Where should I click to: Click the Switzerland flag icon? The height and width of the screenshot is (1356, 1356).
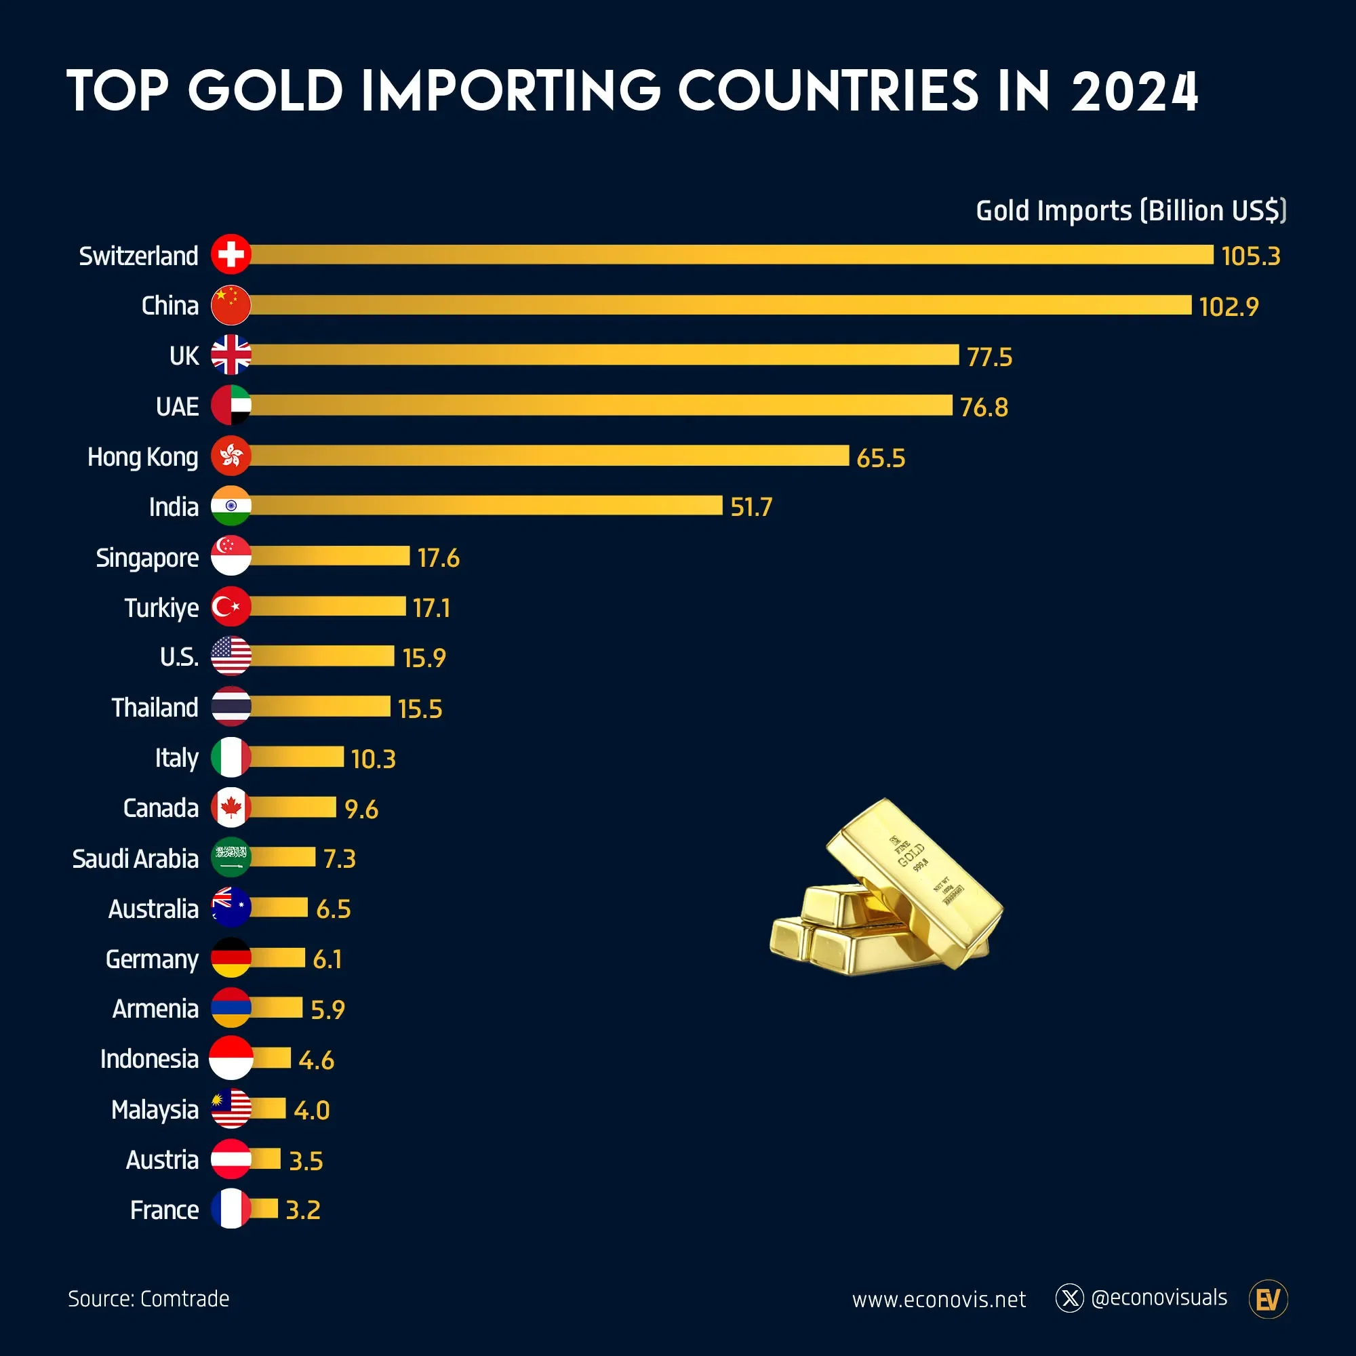231,254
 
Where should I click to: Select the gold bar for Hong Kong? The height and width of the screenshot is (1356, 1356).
549,456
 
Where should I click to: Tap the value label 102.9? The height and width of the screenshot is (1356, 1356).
1229,306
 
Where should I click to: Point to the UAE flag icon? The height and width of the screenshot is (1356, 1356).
231,405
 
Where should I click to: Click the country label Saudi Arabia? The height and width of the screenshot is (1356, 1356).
136,858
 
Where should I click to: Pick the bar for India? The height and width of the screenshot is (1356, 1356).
485,505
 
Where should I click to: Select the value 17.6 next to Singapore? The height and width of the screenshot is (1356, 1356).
438,558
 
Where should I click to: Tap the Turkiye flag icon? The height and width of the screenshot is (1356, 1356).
231,606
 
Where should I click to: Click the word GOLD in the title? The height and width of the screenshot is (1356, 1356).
265,92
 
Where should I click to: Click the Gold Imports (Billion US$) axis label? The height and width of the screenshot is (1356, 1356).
1131,211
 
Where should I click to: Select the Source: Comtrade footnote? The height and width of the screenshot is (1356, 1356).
148,1299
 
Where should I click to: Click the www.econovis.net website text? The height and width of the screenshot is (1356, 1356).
938,1300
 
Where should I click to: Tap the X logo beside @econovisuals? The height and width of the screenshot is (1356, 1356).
1070,1298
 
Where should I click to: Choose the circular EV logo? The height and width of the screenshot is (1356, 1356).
1269,1299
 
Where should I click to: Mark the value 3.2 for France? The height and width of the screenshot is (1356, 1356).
302,1210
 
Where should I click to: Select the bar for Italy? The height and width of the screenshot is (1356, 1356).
297,757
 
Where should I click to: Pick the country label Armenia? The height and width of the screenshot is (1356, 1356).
155,1009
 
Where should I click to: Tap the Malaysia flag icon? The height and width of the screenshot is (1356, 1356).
231,1109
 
